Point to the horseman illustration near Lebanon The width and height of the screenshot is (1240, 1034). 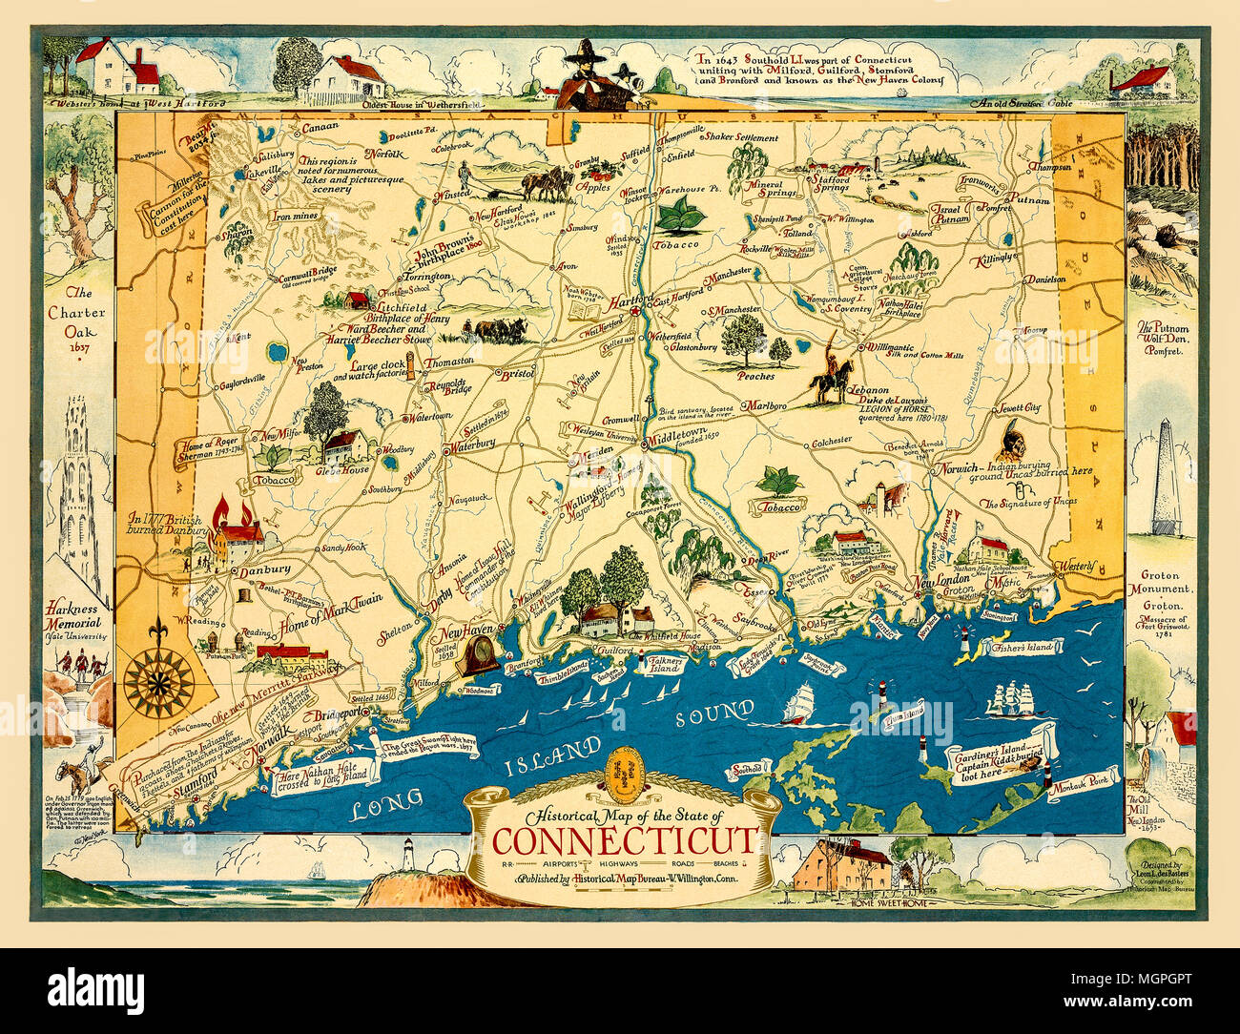click(825, 370)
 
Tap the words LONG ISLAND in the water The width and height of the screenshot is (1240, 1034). click(477, 779)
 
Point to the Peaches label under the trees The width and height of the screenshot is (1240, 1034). click(755, 376)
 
